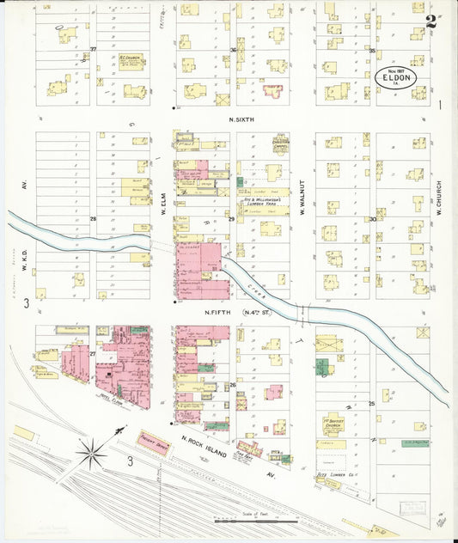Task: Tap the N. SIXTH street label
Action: [246, 120]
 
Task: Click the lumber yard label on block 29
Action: [264, 201]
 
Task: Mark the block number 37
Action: [92, 50]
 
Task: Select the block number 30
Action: [372, 219]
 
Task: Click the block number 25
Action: [371, 403]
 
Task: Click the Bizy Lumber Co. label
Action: [332, 473]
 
